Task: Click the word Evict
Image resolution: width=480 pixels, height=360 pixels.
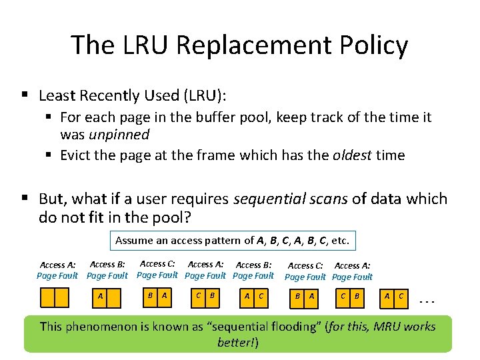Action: click(x=77, y=155)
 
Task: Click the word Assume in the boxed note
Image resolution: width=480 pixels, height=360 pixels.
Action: click(x=134, y=240)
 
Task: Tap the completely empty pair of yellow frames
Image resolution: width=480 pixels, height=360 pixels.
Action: click(x=54, y=297)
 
